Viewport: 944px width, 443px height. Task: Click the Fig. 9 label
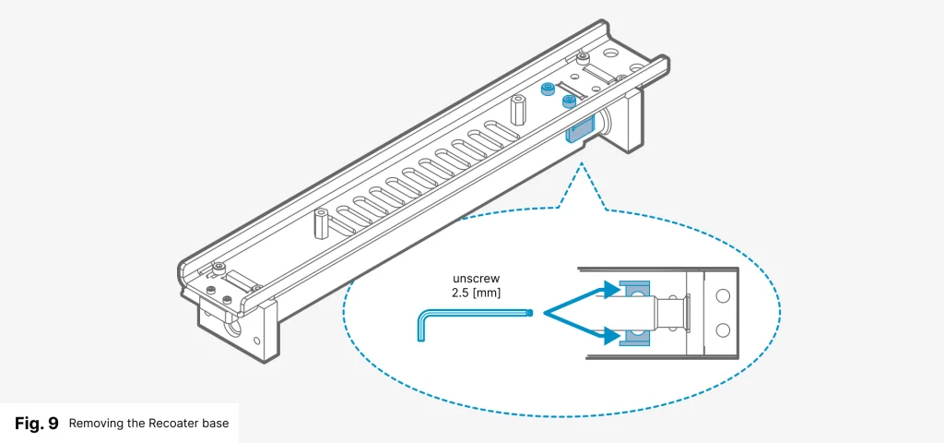[x=37, y=424]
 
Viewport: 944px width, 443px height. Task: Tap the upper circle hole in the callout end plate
[x=722, y=297]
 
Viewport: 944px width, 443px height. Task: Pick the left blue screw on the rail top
[x=548, y=90]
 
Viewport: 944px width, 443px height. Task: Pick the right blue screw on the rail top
[x=569, y=99]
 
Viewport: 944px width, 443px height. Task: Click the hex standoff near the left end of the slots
[x=321, y=223]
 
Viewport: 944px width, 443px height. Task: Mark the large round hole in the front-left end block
[x=230, y=327]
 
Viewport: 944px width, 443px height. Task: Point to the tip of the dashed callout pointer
[x=581, y=166]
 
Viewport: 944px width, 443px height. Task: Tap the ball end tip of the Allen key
[x=531, y=313]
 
